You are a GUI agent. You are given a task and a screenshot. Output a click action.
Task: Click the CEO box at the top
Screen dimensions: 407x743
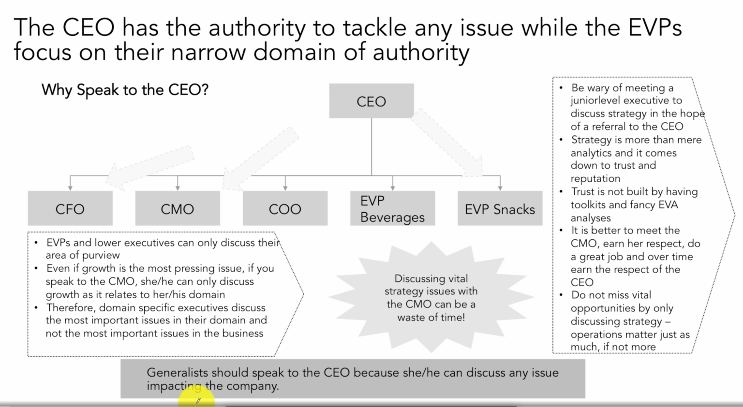371,101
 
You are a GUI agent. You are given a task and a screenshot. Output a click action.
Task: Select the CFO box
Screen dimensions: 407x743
70,208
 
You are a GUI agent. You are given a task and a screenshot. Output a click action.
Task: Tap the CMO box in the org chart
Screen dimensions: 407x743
178,208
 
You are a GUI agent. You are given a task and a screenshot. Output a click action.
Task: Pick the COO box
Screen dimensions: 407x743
285,208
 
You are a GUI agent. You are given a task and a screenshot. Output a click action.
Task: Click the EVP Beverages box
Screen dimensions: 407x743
392,208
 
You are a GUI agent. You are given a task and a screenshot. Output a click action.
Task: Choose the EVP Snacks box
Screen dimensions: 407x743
500,208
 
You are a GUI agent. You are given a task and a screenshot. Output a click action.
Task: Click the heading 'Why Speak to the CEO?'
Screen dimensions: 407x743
125,90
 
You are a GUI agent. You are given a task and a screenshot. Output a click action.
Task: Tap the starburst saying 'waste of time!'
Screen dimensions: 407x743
431,297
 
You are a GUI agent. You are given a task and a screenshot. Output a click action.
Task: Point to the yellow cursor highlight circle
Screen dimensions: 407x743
196,399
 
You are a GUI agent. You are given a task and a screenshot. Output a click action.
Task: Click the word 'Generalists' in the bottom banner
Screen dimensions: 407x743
177,373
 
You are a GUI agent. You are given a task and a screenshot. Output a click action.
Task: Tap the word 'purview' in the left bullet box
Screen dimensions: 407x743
101,255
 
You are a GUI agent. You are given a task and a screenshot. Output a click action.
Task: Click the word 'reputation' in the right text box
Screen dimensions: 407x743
595,178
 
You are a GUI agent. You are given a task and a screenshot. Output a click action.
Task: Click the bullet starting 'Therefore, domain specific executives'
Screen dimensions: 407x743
155,320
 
